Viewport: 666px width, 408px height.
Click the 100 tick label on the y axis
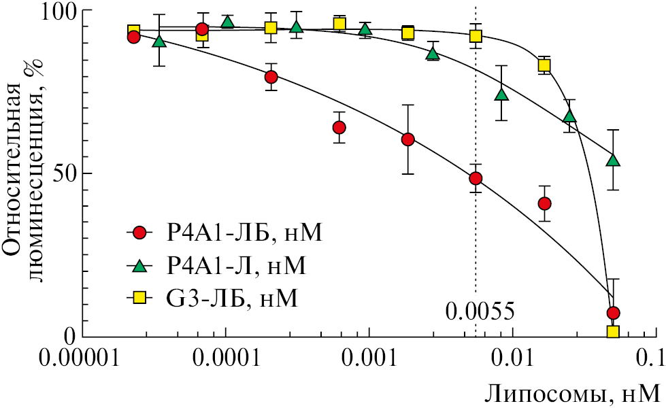[47, 12]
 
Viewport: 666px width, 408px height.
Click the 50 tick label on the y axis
[54, 173]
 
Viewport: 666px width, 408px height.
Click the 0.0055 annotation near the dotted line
[480, 312]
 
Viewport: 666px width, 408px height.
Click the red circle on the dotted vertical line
[476, 178]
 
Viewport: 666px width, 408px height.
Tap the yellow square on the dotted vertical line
[476, 35]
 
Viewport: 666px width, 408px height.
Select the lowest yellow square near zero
[613, 332]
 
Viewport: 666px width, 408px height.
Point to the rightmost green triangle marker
[613, 160]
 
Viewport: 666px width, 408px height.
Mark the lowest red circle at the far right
[613, 313]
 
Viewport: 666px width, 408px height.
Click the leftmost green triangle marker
[159, 41]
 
